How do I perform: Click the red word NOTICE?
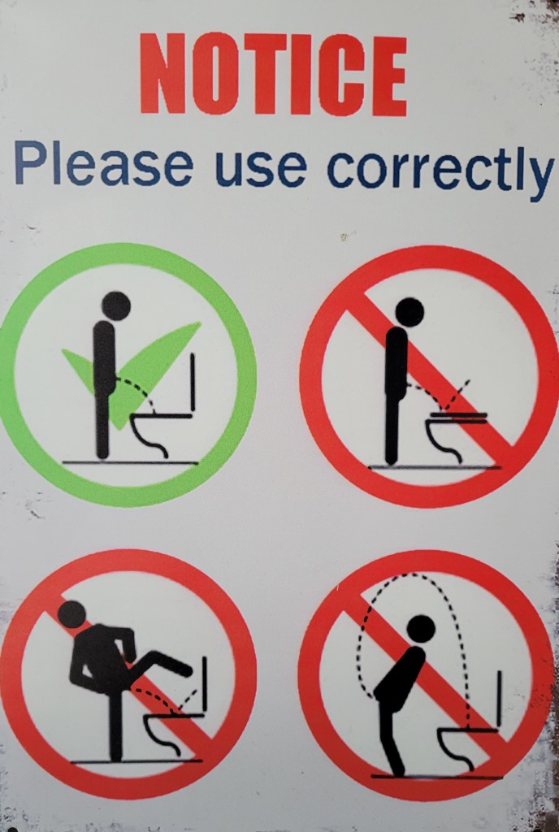(273, 74)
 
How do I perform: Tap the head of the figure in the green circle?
(115, 306)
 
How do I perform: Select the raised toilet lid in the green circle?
(193, 382)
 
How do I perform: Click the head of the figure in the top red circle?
(409, 312)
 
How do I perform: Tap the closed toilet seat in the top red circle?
(459, 417)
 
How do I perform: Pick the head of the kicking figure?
(71, 614)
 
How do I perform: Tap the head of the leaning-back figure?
(421, 629)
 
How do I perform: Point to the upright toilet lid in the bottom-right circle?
(499, 700)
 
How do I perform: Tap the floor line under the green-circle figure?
(130, 462)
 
